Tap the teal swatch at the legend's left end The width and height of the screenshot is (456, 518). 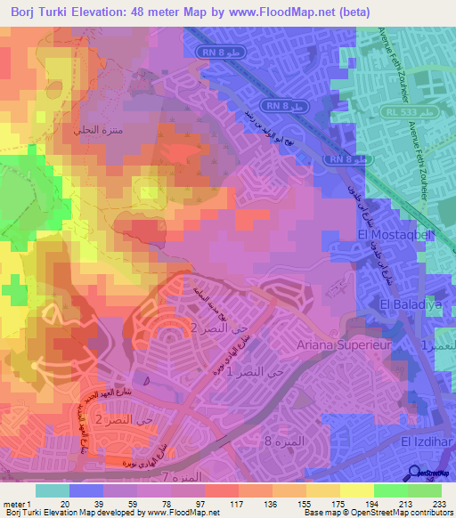pyautogui.click(x=52, y=490)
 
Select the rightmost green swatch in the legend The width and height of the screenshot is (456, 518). pyautogui.click(x=425, y=490)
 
